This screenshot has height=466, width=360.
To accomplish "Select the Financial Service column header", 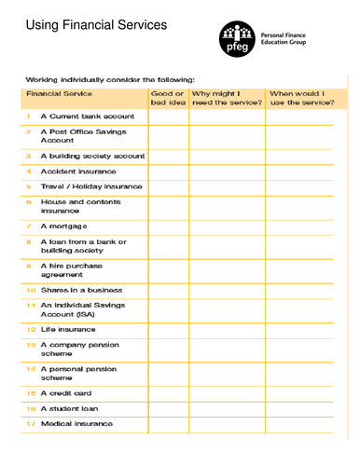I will coord(59,94).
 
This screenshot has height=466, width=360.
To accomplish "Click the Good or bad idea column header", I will coord(167,99).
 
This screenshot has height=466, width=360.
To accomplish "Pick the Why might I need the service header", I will coord(225,99).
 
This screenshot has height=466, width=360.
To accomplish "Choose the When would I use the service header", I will coord(302,99).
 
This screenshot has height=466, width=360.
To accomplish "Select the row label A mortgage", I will coord(63,226).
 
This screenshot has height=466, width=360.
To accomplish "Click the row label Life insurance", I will coord(67,329).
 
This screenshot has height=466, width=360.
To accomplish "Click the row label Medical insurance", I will coord(76,424).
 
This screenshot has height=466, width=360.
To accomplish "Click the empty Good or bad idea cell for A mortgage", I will coord(168,226).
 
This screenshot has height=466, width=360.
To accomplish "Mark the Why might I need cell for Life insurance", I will coord(227,329).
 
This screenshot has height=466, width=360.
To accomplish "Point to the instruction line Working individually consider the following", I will coord(117,80).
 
